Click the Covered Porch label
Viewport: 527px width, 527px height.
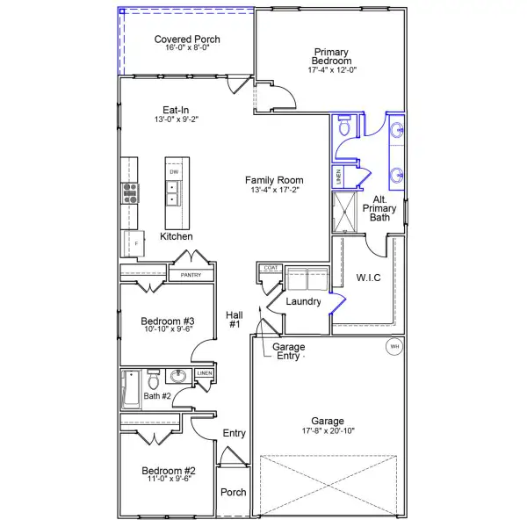point(187,40)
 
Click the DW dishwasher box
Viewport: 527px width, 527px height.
point(174,171)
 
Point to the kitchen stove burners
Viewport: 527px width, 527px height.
point(130,192)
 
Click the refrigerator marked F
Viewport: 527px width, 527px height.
point(136,243)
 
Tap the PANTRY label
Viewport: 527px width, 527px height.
point(191,275)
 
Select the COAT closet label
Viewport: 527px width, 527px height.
point(271,267)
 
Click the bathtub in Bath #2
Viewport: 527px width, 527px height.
point(131,388)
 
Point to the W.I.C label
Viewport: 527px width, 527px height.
point(368,278)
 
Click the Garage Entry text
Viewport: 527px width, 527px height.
point(289,351)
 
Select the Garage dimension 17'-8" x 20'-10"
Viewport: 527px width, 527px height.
point(328,432)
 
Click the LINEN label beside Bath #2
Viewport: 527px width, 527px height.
point(204,373)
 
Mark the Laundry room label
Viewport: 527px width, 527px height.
point(301,301)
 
